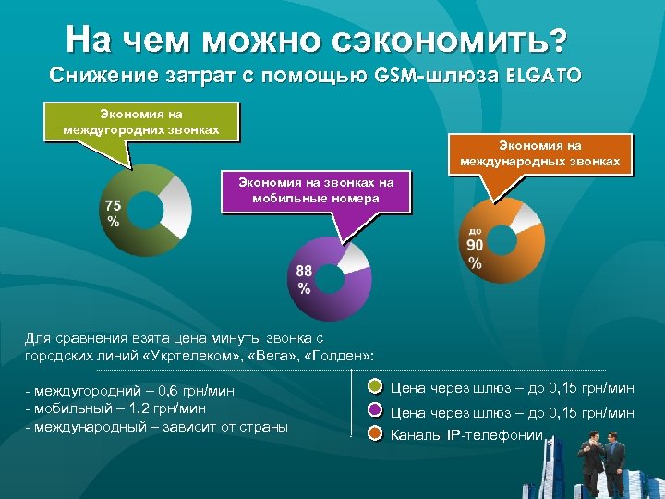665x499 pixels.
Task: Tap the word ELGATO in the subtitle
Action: [543, 75]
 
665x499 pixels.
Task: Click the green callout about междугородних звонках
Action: [141, 121]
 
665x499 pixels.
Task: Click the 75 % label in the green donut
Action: [113, 213]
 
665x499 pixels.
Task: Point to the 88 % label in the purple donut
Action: [305, 278]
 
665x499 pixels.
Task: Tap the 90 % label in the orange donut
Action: [475, 252]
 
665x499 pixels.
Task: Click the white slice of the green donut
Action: [175, 206]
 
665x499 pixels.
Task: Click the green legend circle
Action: [376, 387]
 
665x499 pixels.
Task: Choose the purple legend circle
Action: [376, 411]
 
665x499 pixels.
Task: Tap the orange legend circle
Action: [376, 433]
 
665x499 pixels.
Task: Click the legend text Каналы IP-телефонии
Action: [467, 434]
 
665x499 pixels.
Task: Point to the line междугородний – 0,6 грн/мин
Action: [130, 391]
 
